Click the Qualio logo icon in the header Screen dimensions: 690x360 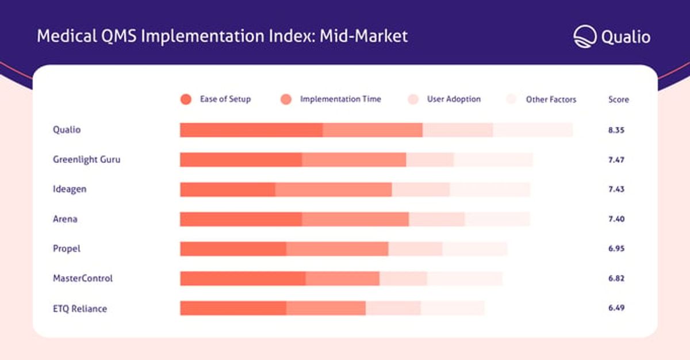(585, 37)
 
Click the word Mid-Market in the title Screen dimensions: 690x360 (364, 36)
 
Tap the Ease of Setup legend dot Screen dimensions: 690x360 (186, 99)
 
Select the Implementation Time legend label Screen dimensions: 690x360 (340, 99)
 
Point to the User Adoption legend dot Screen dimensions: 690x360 (413, 99)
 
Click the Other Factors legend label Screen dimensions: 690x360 (551, 99)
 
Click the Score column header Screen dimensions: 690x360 (619, 99)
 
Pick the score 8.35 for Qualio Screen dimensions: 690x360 (616, 130)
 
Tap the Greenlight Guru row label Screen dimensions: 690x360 (87, 159)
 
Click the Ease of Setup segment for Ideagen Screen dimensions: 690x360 (228, 189)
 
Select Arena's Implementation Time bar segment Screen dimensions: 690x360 (355, 219)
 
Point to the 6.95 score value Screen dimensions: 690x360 (616, 248)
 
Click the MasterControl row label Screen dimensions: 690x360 (83, 278)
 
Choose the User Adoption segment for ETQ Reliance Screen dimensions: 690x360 (393, 308)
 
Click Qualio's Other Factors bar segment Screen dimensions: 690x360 (532, 130)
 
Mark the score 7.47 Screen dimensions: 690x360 (616, 160)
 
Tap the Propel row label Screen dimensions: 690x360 (67, 249)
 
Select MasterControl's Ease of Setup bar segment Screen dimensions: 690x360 (243, 278)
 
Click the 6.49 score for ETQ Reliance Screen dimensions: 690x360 (616, 308)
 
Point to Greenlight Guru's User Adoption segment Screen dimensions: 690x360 (430, 160)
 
